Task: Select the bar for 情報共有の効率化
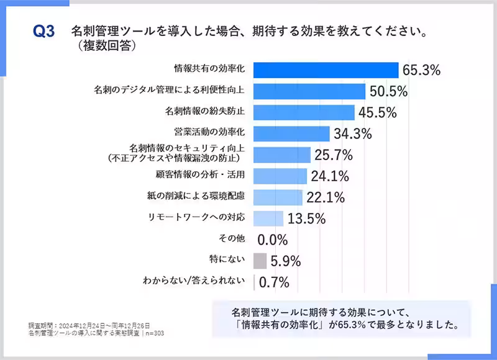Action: [326, 70]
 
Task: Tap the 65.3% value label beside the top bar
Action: [421, 70]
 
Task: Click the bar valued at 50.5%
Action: [309, 91]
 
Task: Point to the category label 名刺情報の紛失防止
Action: [204, 112]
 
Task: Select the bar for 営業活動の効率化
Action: [292, 133]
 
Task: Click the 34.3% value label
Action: [353, 134]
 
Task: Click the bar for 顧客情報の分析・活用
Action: [281, 176]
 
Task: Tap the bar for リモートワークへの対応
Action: [269, 218]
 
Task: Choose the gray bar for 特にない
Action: [260, 261]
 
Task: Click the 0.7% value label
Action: [274, 282]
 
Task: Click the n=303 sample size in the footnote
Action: [155, 333]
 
